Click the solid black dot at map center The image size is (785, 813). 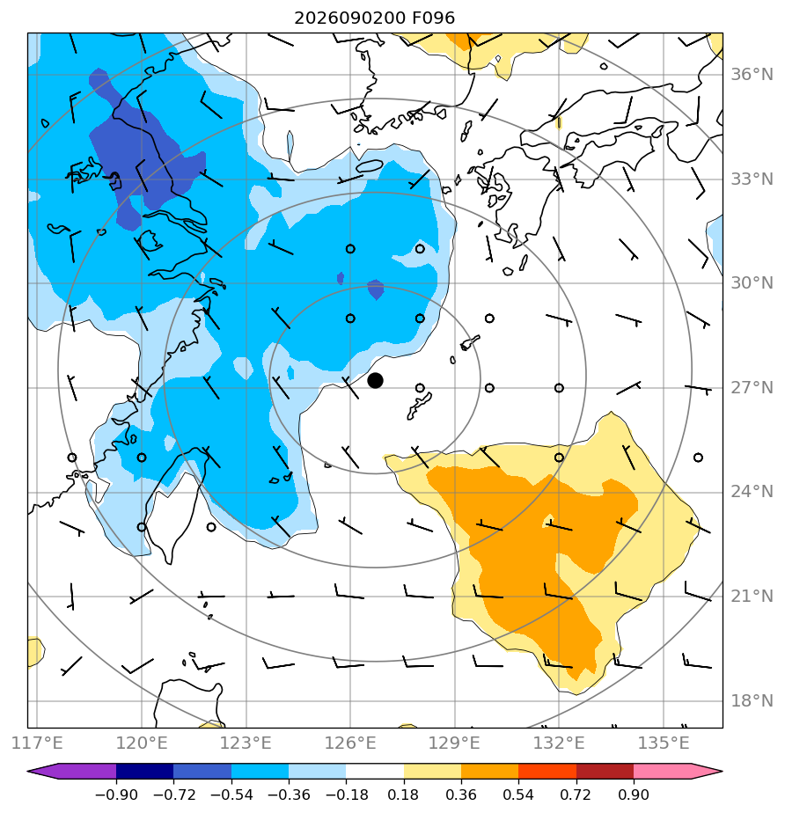pos(375,381)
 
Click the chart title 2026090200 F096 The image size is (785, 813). pos(374,18)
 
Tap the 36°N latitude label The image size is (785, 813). pos(752,75)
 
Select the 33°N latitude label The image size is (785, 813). pos(752,179)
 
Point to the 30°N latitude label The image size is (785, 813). pos(752,283)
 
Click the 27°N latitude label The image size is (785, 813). pos(752,388)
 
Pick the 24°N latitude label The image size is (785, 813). pos(752,492)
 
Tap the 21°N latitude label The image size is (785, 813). pos(752,597)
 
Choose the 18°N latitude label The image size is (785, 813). pos(752,701)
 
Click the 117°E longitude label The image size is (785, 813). pos(37,743)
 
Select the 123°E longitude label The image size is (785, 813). pos(246,743)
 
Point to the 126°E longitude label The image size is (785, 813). pos(350,743)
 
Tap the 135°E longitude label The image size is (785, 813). pos(664,743)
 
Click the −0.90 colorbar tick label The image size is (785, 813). pos(116,795)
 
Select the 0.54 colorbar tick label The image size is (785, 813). pos(518,795)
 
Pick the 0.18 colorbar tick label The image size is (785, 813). pos(403,795)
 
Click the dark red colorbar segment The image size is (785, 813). pos(605,772)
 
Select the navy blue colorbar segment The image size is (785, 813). pos(144,772)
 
